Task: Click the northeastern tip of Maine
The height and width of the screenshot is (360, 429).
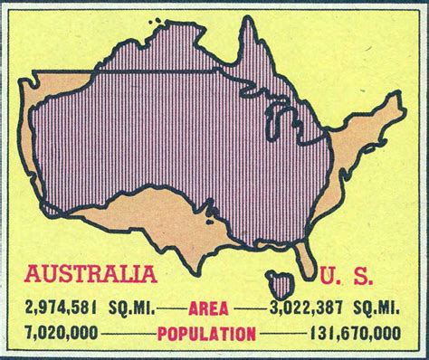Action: click(397, 70)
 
